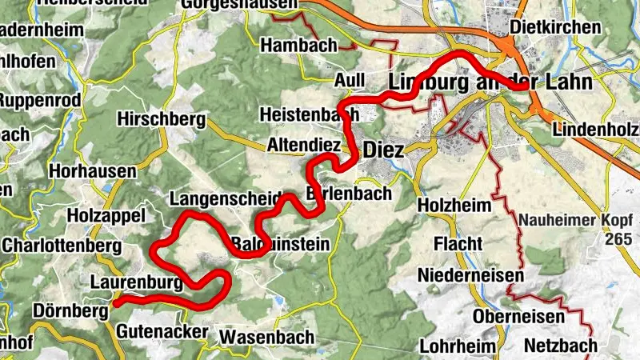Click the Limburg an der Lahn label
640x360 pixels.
point(489,82)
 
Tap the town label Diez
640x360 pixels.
point(383,150)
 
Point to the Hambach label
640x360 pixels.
point(298,45)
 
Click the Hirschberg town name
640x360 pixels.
point(161,119)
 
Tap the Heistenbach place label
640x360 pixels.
point(309,114)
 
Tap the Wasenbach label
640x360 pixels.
point(266,336)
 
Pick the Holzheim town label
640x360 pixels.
point(454,206)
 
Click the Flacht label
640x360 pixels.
point(457,243)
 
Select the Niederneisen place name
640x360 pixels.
point(470,276)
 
